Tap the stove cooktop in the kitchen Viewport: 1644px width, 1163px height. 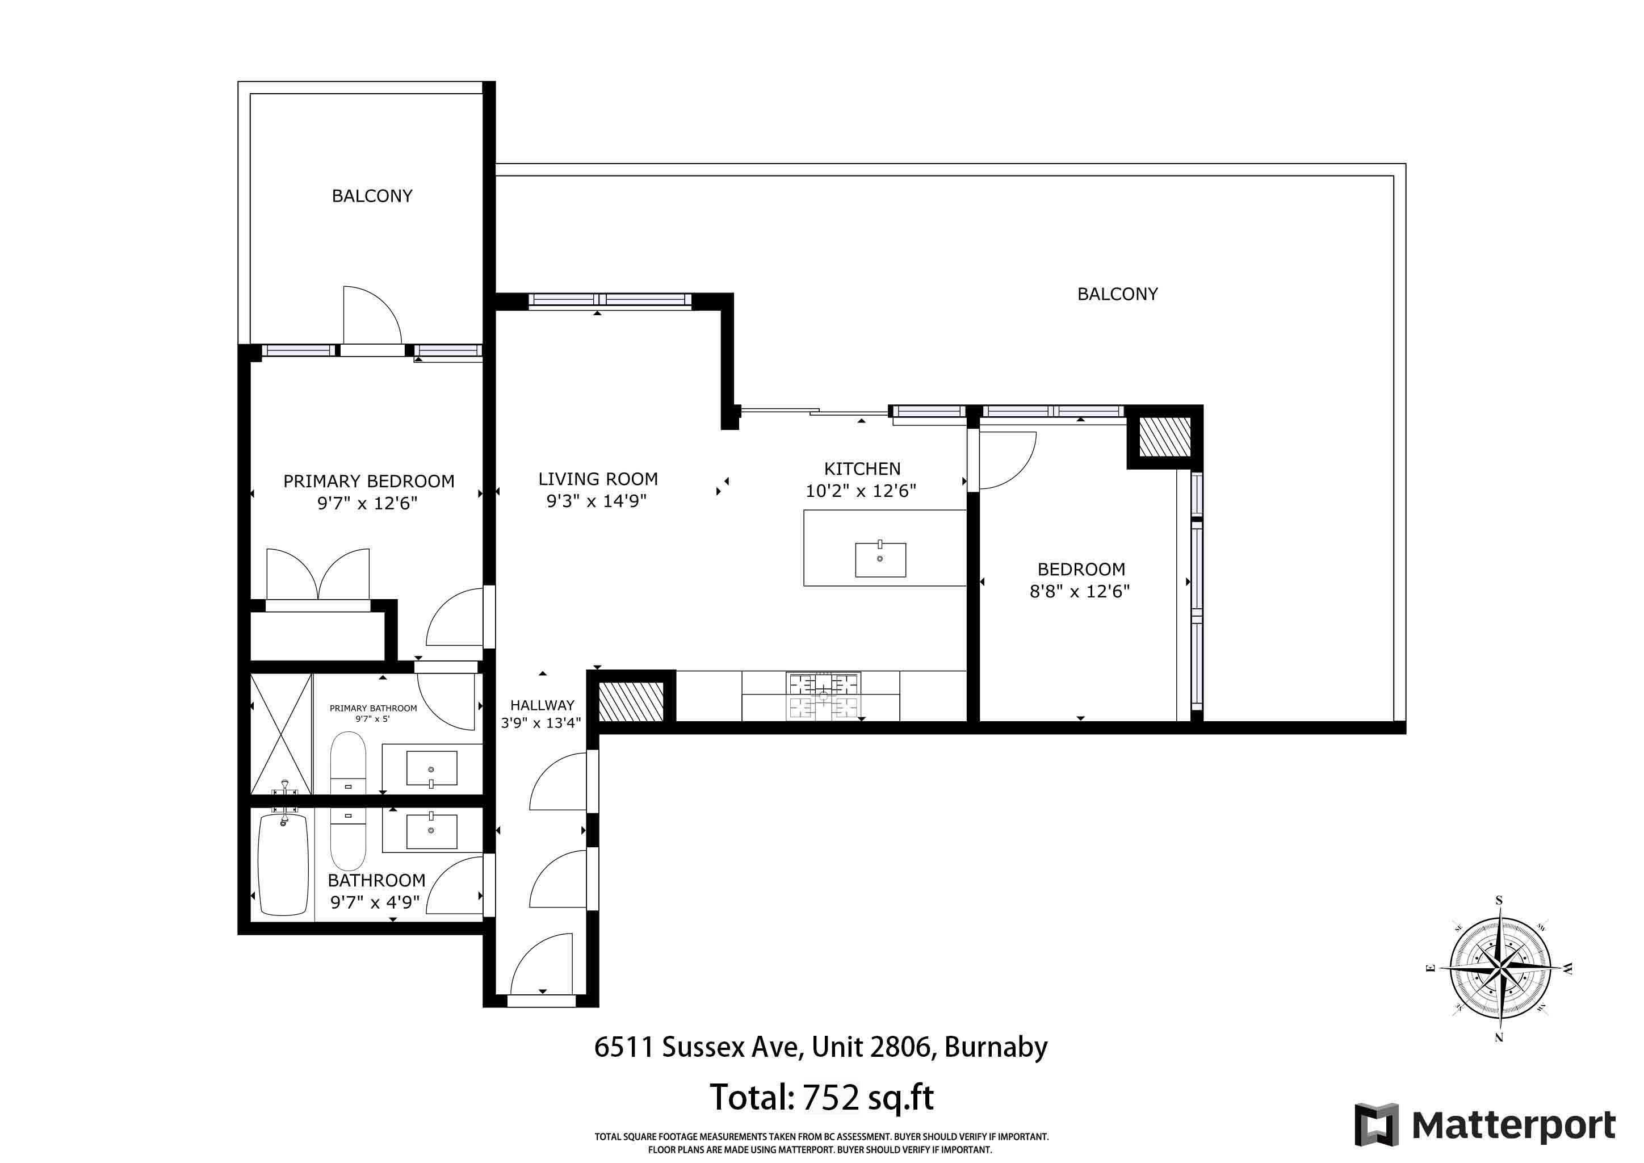coord(824,696)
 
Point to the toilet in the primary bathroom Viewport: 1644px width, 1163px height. coord(348,763)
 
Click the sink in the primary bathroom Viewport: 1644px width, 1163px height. coord(431,768)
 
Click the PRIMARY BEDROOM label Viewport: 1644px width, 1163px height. coord(369,481)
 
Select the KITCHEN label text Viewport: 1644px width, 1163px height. coord(862,469)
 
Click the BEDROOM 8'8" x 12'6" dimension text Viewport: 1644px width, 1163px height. coord(1080,592)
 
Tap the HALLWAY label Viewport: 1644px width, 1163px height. coord(542,705)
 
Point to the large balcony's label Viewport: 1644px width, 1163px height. coord(1117,294)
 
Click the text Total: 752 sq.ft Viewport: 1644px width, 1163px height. coord(821,1097)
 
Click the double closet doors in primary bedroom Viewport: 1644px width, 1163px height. coord(318,574)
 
